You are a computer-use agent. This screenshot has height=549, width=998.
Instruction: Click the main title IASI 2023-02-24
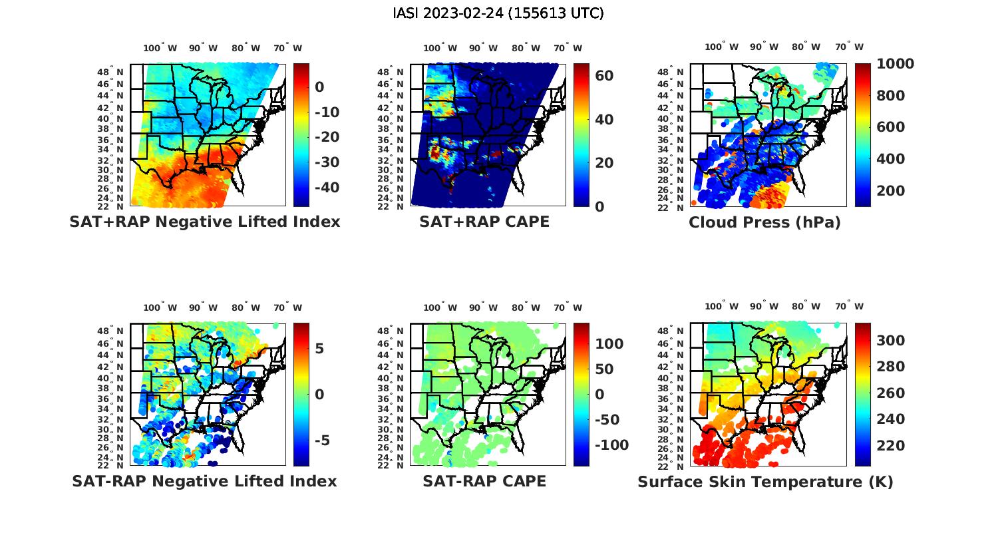498,13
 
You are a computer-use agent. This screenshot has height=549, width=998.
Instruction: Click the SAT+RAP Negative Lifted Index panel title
205,222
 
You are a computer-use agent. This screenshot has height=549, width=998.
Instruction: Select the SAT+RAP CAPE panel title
484,222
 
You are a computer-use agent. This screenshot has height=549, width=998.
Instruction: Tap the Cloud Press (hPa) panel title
764,222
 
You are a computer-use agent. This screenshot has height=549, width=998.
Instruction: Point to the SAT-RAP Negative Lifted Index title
205,481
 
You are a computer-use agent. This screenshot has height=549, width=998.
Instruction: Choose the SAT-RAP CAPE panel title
484,481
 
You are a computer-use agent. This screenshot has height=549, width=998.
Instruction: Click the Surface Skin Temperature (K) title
765,482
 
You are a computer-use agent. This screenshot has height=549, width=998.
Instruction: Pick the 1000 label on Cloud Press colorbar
896,64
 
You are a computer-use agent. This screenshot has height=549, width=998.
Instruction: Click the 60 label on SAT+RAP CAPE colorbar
604,76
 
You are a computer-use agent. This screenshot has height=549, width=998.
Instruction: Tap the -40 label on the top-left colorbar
326,188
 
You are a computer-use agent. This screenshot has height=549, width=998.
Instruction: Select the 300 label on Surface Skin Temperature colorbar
891,341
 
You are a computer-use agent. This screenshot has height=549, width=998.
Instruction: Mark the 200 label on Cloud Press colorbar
891,191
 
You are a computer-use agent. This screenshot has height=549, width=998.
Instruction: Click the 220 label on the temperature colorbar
891,446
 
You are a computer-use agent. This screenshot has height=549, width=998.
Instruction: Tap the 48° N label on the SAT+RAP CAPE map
391,72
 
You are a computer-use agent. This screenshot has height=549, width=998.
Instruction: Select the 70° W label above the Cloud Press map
849,47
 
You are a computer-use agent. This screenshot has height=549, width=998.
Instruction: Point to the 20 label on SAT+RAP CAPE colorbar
604,163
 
